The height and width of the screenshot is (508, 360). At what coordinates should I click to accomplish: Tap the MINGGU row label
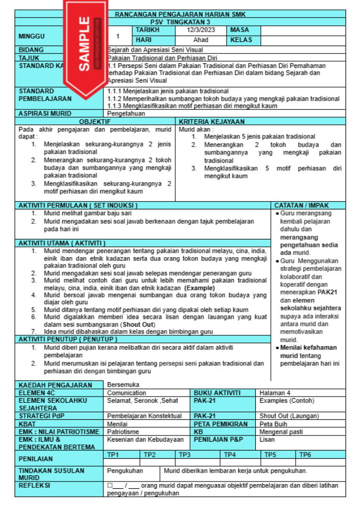tap(32, 36)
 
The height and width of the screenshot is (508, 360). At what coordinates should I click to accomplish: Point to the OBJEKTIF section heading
tap(94, 121)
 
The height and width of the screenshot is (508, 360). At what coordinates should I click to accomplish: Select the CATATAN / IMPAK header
tap(309, 205)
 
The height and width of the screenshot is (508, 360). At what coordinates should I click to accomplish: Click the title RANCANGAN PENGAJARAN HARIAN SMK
tap(180, 14)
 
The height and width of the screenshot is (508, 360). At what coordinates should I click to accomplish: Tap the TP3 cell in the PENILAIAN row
tap(185, 455)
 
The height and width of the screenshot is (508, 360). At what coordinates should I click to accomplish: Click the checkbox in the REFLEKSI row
tap(110, 486)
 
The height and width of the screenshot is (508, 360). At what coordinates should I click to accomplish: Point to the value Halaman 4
tap(275, 393)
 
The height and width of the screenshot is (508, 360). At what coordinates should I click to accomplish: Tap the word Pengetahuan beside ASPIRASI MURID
tap(127, 112)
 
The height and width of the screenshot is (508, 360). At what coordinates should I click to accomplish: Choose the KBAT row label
tap(28, 424)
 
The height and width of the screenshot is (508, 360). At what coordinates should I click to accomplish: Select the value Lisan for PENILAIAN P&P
tap(267, 440)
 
